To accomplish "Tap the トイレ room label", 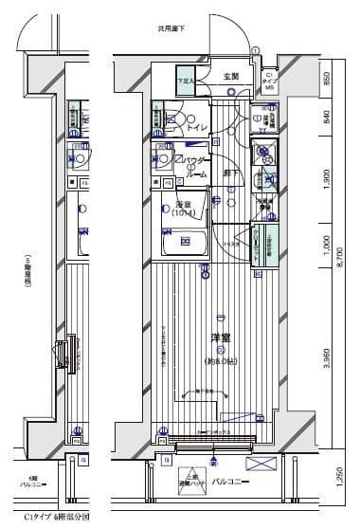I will click(198, 126).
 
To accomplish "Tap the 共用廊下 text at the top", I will click(171, 29).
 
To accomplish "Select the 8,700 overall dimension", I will click(339, 270).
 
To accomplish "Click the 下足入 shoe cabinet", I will click(185, 82).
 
